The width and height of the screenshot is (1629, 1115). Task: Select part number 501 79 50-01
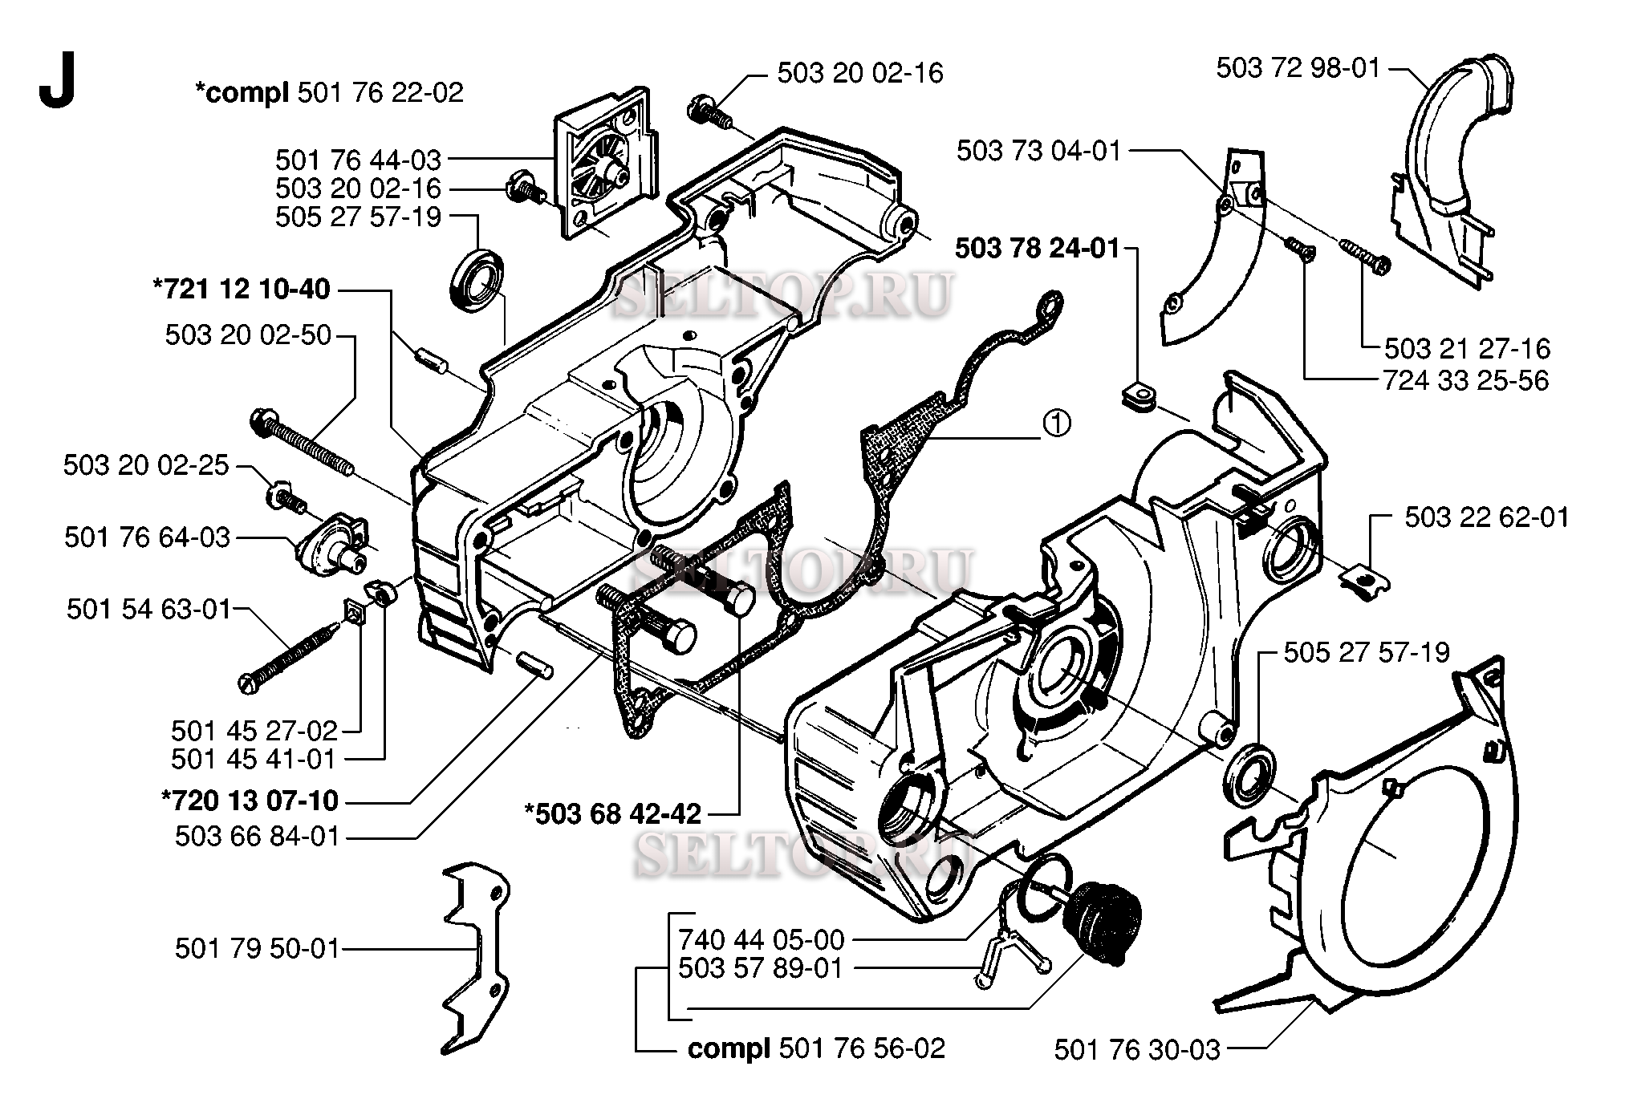258,949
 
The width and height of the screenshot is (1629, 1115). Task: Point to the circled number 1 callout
1057,423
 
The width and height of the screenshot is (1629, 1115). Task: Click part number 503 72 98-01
1298,68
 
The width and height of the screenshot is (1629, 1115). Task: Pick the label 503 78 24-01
1036,249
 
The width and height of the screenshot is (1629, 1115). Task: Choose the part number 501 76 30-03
1136,1049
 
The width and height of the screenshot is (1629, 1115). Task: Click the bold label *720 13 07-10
250,800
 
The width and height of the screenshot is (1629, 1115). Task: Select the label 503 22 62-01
1486,517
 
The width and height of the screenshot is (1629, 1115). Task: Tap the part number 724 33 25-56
1465,380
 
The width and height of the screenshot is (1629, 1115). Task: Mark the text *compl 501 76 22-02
329,93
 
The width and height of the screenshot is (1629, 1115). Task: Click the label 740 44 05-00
761,939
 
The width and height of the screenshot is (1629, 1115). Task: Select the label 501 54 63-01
148,610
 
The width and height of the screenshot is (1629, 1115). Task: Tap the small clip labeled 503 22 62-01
1367,578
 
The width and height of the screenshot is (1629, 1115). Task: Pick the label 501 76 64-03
147,537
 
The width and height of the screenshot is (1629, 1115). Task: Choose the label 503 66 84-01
258,837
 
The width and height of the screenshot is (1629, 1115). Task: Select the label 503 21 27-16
1467,348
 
